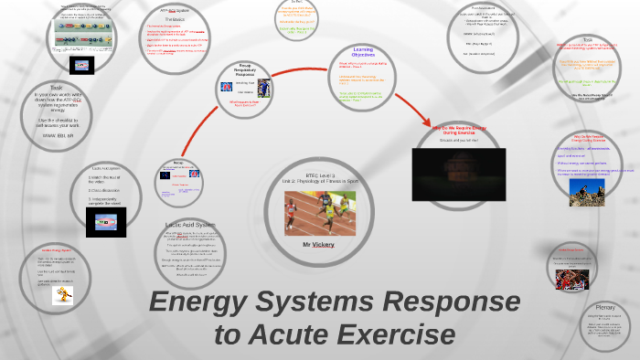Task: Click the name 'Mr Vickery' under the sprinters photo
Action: [x=314, y=245]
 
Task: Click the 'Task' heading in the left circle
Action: [x=57, y=88]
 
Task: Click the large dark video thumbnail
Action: [x=458, y=174]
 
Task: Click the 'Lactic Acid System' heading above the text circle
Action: [x=190, y=224]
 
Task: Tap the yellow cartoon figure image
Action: [x=62, y=293]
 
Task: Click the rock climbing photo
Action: [x=586, y=191]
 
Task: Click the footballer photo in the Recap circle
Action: [x=264, y=88]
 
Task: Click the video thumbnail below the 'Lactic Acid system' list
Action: [x=105, y=221]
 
